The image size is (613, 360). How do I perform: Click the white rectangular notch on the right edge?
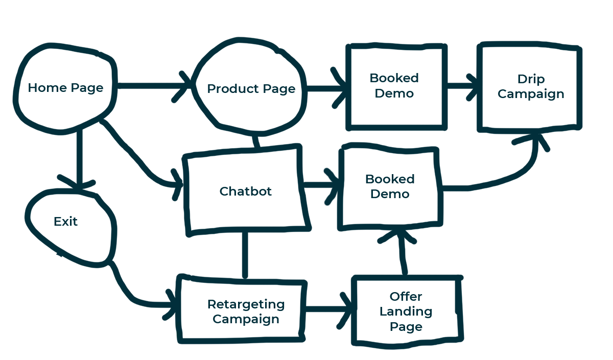[599, 87]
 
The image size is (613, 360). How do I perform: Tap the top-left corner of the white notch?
[585, 45]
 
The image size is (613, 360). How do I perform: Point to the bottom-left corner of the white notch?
[585, 130]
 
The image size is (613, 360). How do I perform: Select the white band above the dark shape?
[306, 18]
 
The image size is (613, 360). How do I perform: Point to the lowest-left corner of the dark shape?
[176, 346]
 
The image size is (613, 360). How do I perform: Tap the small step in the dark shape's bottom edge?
[368, 348]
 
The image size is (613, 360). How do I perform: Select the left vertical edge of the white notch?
[585, 87]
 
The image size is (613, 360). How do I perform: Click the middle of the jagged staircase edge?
[123, 299]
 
